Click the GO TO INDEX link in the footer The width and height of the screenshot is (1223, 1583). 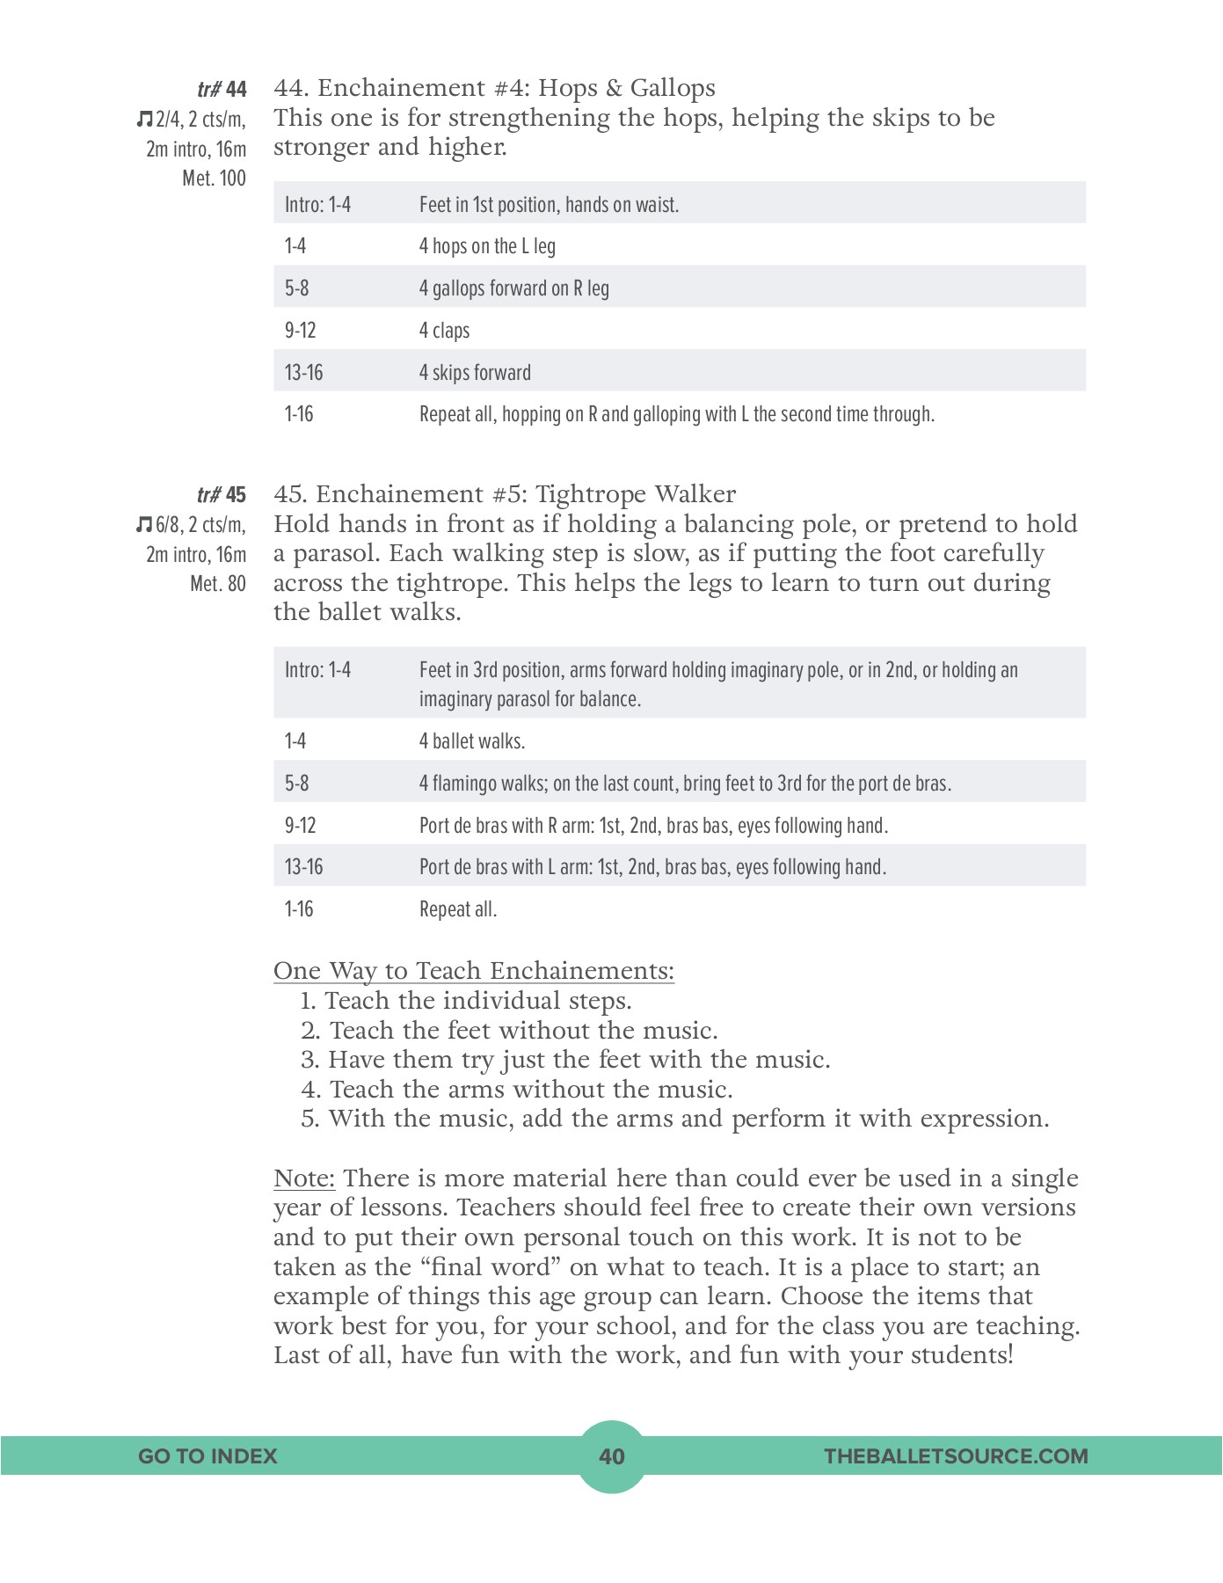(x=207, y=1456)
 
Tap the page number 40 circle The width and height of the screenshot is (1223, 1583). (x=611, y=1456)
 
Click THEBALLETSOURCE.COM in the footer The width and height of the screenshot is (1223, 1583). (x=956, y=1456)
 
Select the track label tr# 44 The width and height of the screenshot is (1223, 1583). (x=222, y=90)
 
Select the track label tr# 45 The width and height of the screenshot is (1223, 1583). (x=222, y=495)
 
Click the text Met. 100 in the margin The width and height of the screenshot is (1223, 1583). (x=214, y=179)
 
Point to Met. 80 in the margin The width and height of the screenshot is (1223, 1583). (x=217, y=584)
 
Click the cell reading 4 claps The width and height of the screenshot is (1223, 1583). (x=444, y=331)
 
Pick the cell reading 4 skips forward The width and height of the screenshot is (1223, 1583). (x=475, y=373)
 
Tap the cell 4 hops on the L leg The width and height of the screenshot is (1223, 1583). (x=487, y=246)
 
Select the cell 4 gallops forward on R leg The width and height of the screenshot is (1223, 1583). (x=513, y=288)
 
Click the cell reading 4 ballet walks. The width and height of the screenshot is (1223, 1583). (x=471, y=741)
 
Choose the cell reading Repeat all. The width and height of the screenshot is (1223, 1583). (x=458, y=909)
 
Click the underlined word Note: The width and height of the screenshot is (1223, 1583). (x=304, y=1178)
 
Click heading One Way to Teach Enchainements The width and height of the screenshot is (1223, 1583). (x=474, y=971)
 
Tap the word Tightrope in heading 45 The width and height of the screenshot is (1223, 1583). (x=590, y=494)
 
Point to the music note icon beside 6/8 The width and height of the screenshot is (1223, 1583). (x=144, y=525)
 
